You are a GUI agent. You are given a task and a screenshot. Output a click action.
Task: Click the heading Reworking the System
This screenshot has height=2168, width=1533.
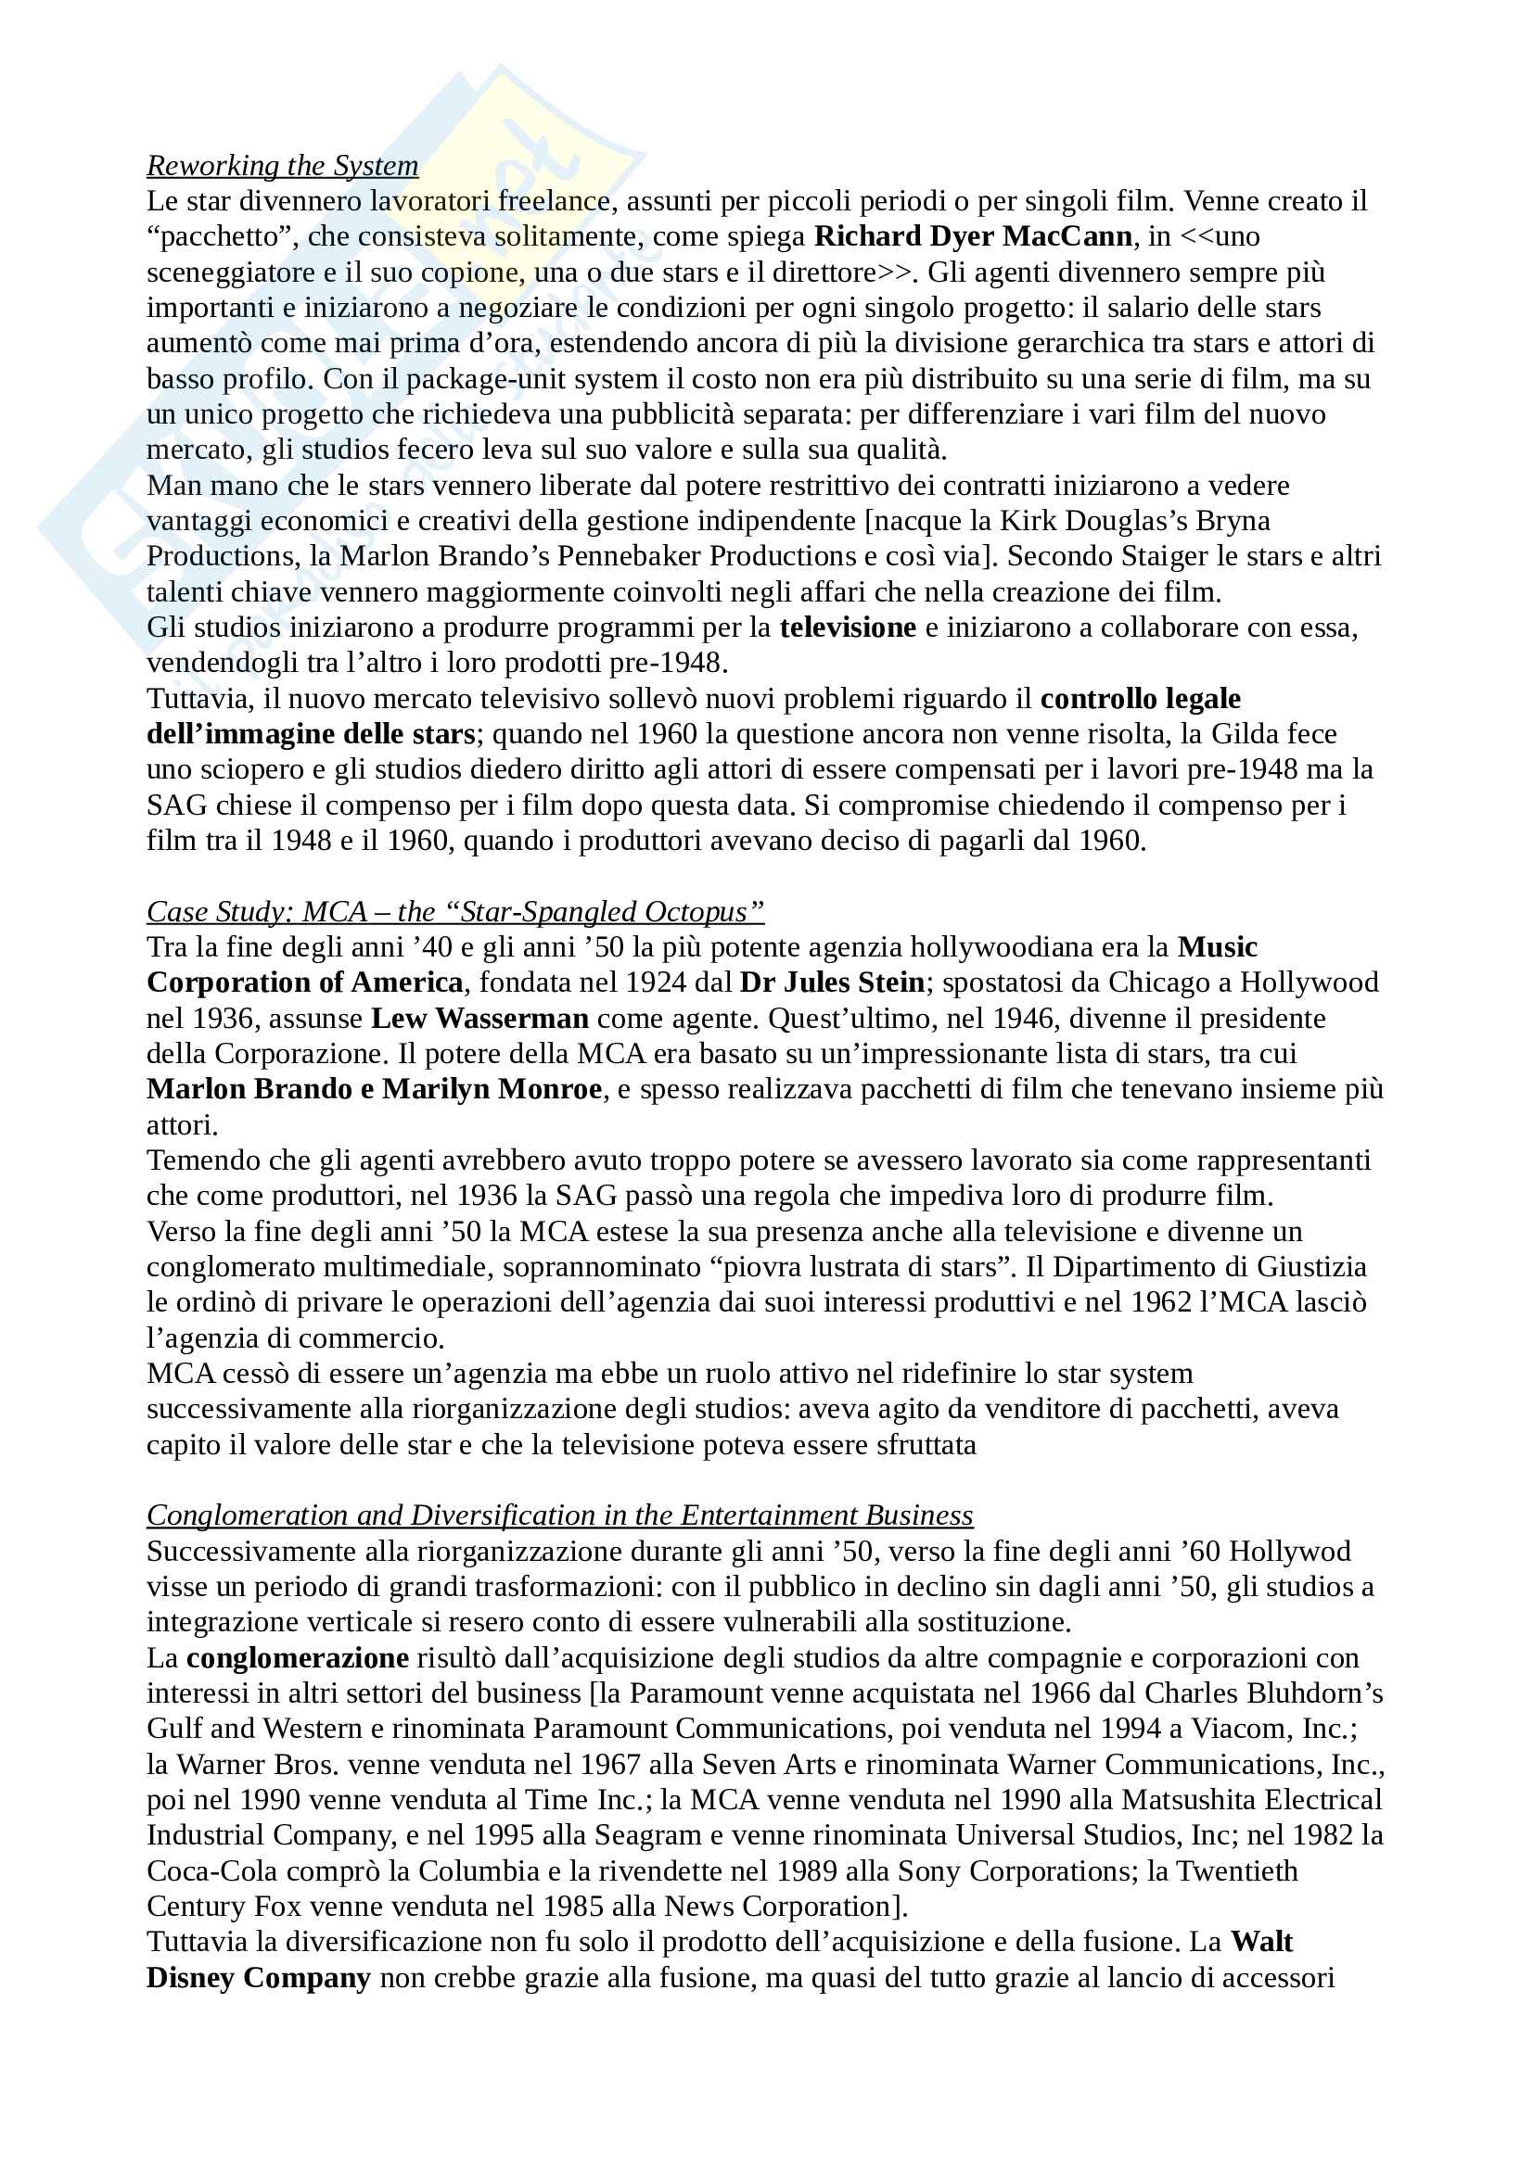click(282, 165)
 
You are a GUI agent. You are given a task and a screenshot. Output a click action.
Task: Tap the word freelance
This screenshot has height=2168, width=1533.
click(554, 201)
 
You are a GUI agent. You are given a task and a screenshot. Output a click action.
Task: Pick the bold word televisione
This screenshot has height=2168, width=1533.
click(848, 627)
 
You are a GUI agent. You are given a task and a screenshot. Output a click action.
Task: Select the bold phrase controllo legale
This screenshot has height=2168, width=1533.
click(1140, 699)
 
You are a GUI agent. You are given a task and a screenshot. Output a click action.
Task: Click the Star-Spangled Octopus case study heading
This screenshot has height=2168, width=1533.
click(455, 911)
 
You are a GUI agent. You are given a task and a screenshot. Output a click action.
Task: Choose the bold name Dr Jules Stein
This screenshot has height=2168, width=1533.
click(831, 983)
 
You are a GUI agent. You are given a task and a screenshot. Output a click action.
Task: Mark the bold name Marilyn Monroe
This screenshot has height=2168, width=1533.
click(492, 1090)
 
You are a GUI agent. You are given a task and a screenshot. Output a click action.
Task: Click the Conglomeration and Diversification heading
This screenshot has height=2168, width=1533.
click(559, 1515)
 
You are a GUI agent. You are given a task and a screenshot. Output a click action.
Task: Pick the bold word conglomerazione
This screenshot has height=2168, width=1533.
click(298, 1658)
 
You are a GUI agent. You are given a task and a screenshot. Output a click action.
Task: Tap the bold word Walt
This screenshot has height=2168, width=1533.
click(1262, 1943)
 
